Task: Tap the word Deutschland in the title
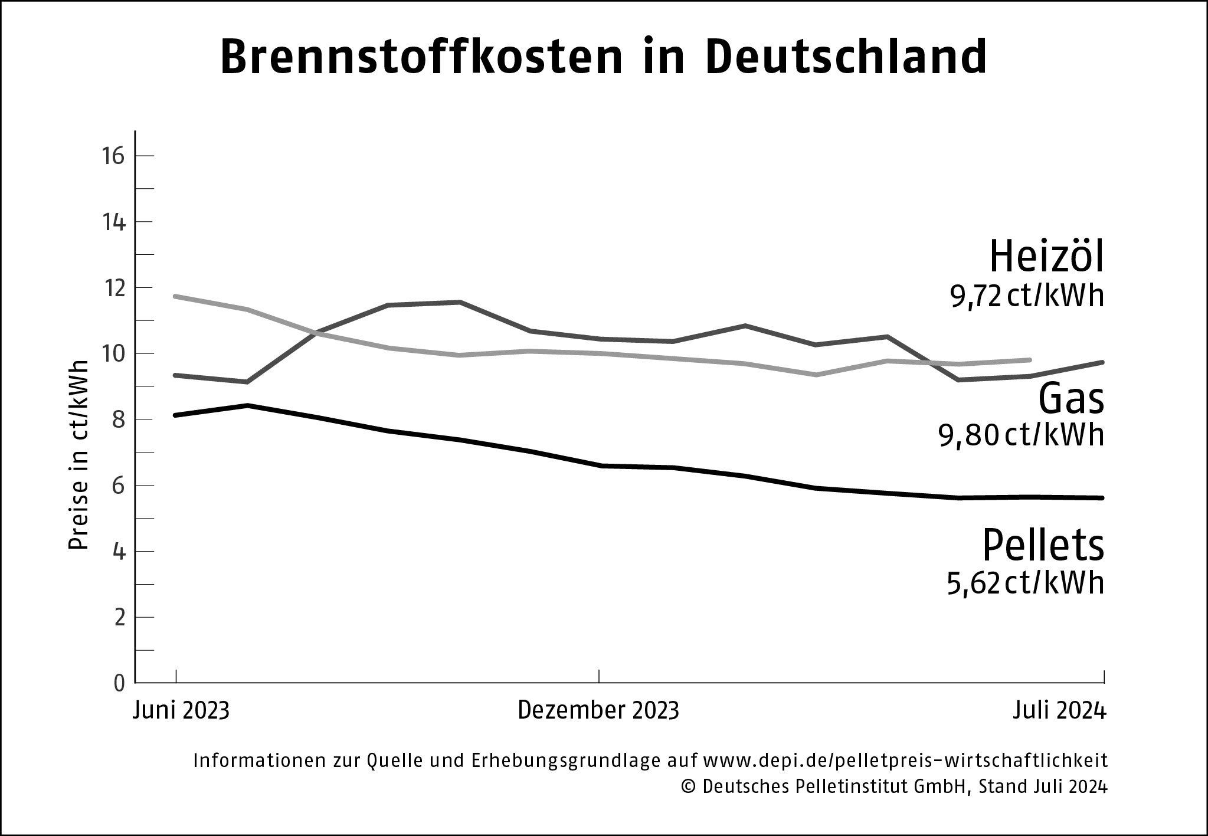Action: [x=845, y=57]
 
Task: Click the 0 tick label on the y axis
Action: [x=120, y=683]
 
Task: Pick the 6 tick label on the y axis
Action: [x=120, y=486]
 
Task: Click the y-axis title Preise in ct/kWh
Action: [x=78, y=454]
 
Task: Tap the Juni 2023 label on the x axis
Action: [x=181, y=710]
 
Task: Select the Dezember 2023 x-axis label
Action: [x=598, y=710]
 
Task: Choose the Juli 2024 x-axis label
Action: [x=1059, y=710]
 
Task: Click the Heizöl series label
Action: [x=1046, y=257]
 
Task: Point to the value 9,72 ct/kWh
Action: [x=1026, y=297]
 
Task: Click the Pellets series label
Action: [x=1042, y=545]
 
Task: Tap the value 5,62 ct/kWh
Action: [x=1025, y=583]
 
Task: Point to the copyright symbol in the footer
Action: [x=687, y=787]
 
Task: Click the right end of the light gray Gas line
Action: [x=1029, y=360]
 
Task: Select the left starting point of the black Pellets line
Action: [x=176, y=415]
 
